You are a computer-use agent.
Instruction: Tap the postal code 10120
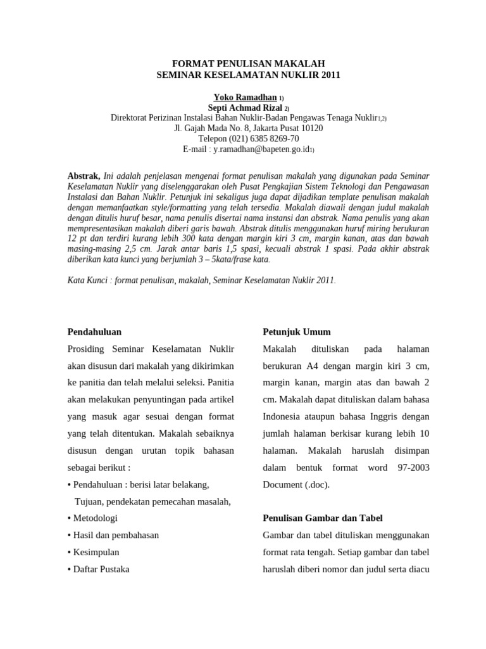click(311, 128)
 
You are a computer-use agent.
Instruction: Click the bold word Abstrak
click(84, 176)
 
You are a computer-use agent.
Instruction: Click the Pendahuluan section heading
click(94, 331)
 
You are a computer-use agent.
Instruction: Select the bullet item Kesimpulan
click(96, 552)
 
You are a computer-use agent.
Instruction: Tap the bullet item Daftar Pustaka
click(101, 569)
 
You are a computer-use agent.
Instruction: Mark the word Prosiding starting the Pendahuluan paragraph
click(87, 349)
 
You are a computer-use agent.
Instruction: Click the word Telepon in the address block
click(213, 138)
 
